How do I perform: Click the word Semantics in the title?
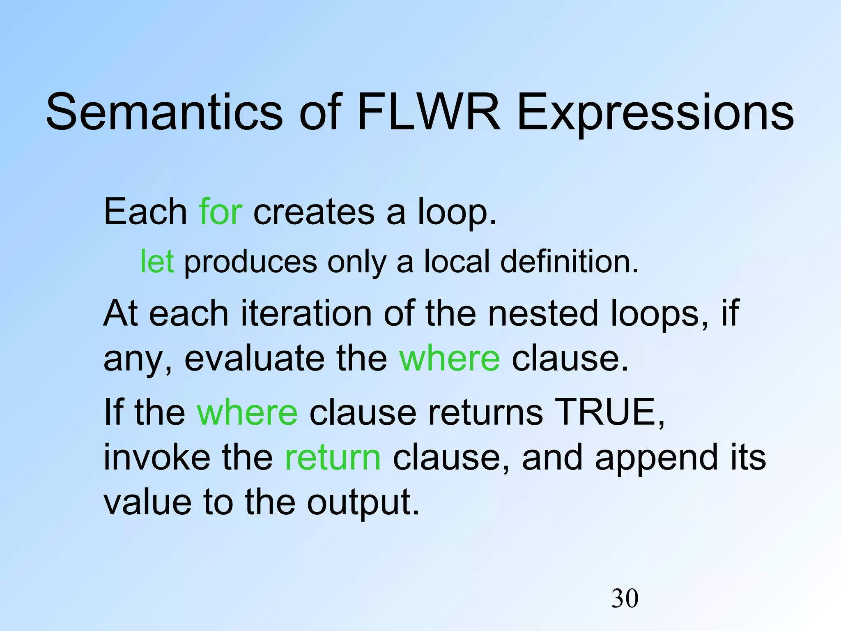click(164, 112)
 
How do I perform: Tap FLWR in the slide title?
click(429, 112)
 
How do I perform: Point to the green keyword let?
click(157, 261)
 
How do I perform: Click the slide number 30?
click(625, 598)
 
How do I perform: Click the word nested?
click(544, 313)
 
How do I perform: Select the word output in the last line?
click(363, 503)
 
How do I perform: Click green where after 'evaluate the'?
click(450, 358)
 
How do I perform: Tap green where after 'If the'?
click(247, 412)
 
